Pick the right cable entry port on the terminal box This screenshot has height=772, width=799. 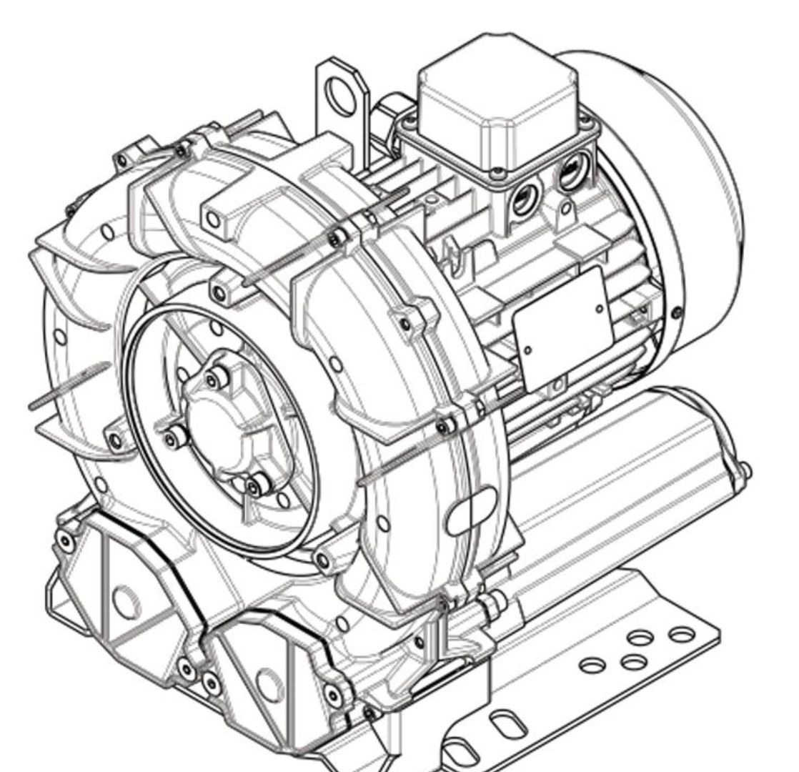tap(571, 174)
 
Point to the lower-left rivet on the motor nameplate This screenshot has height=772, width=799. tap(528, 350)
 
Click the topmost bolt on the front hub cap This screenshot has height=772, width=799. tap(211, 377)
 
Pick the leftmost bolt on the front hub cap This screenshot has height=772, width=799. tap(170, 438)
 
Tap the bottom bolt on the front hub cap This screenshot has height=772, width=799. tap(253, 488)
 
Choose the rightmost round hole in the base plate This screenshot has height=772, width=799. tap(680, 634)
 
